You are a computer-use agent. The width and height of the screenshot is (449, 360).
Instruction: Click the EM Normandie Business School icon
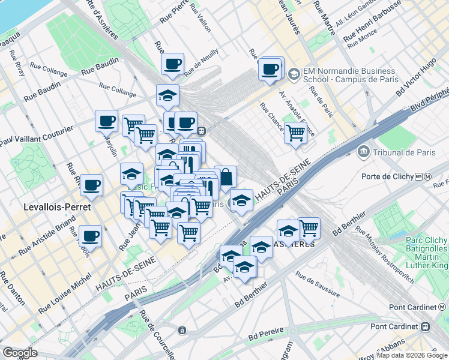pos(294,75)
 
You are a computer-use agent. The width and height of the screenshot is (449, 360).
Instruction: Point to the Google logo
pos(20,353)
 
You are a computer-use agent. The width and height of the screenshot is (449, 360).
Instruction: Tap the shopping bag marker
pos(226,178)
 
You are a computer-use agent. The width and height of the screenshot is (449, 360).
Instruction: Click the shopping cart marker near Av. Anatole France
pos(295,133)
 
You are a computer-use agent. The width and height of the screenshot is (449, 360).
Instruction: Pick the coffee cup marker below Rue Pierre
pos(172,64)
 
